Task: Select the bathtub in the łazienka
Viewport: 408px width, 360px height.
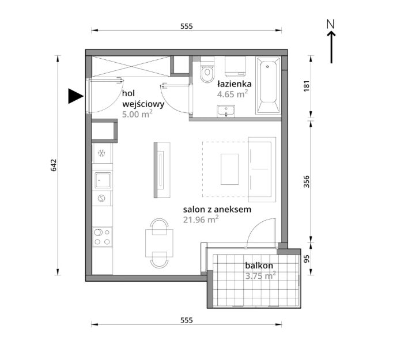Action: [269, 85]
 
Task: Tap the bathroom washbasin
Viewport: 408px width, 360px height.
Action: [226, 111]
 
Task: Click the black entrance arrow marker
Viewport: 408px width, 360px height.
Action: [75, 96]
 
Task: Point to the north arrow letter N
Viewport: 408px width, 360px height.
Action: [330, 24]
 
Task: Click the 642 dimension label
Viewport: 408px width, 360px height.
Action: [54, 165]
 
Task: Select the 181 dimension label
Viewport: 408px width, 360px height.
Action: [307, 86]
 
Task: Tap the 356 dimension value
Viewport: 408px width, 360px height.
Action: [307, 181]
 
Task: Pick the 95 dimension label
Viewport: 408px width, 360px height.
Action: [307, 258]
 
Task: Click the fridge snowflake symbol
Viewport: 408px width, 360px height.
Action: [101, 153]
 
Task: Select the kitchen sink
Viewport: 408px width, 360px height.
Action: [103, 180]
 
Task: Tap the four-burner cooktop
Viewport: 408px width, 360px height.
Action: [103, 237]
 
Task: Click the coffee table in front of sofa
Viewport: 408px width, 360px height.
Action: [229, 169]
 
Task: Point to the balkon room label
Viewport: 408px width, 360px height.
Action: [259, 266]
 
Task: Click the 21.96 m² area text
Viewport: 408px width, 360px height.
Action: [201, 219]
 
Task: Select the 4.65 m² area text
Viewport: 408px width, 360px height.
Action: [232, 94]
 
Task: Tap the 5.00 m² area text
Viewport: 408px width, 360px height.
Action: [137, 114]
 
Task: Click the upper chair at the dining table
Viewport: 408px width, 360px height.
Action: [159, 226]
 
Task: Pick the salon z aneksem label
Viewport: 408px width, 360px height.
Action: [217, 210]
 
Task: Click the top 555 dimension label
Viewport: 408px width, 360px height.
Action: [187, 26]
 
